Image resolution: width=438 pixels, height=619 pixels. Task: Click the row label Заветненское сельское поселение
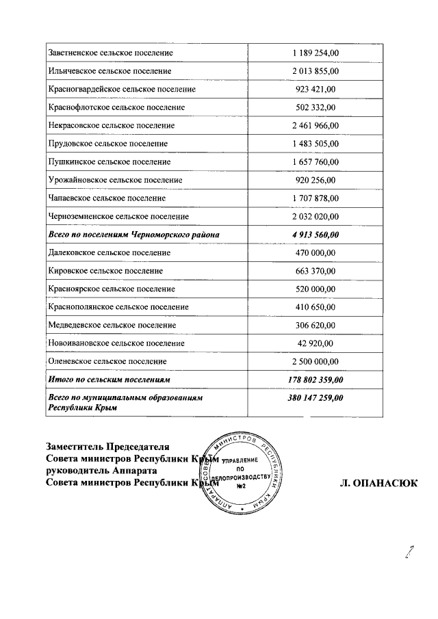111,53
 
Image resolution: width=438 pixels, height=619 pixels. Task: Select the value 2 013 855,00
315,71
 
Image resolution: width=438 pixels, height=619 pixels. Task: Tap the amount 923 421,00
315,89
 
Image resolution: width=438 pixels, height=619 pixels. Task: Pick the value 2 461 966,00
315,126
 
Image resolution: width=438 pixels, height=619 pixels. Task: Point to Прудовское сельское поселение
108,144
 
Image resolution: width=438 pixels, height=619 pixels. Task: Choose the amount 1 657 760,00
315,162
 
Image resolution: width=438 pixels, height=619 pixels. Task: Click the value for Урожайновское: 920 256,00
315,180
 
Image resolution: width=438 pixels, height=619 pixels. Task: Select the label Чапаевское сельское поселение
107,198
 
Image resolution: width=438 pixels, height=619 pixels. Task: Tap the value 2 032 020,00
315,216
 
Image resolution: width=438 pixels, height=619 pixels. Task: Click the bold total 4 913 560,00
315,235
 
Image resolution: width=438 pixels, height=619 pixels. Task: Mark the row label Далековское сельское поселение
109,252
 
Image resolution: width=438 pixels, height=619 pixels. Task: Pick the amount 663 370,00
315,271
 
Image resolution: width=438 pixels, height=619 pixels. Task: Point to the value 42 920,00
315,343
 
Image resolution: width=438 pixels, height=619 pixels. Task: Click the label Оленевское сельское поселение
108,361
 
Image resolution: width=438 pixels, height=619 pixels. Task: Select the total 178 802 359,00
315,379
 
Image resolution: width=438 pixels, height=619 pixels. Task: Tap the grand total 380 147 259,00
315,397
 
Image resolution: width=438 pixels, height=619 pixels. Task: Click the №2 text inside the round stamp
241,487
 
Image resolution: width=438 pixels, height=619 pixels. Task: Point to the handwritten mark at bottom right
409,552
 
